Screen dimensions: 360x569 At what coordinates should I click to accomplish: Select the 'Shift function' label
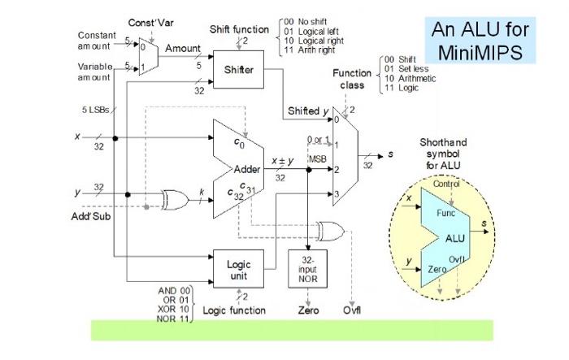pyautogui.click(x=239, y=29)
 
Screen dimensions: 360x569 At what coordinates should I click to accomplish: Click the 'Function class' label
pyautogui.click(x=352, y=79)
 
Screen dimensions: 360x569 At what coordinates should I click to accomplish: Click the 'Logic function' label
pyautogui.click(x=233, y=310)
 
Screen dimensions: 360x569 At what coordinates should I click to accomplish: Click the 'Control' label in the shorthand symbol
pyautogui.click(x=446, y=184)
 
